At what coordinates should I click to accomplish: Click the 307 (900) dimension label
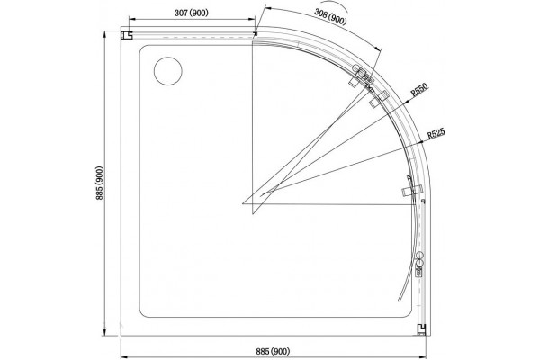tap(192, 13)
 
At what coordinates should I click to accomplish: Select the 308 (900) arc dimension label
tap(330, 16)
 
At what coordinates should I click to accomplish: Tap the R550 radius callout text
tap(419, 90)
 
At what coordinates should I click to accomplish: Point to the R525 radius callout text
tap(436, 133)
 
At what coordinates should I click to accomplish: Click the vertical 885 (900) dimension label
tap(100, 184)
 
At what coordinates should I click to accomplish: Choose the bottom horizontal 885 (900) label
tap(273, 351)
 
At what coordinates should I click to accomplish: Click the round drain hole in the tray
tap(167, 71)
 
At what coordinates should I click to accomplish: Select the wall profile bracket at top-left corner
tap(127, 35)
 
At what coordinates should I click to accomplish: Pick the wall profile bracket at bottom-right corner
tap(421, 329)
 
